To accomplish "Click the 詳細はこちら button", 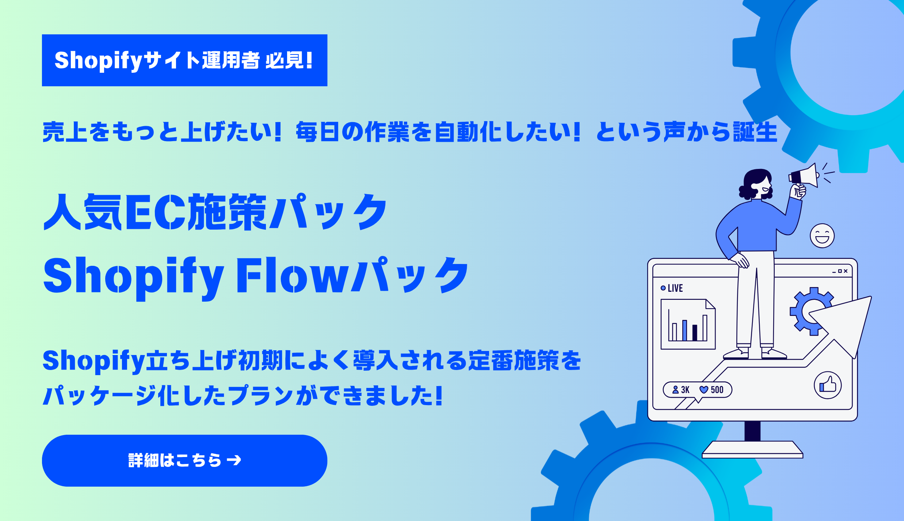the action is tap(184, 460).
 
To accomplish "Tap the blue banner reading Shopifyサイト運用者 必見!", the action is tap(184, 60).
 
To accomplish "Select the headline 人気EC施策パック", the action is tap(215, 212).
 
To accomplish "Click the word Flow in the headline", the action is tap(293, 275).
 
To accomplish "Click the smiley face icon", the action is tap(822, 236).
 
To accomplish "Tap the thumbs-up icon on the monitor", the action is tap(828, 385).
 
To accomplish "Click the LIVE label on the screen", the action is tap(675, 288).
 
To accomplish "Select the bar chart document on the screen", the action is tap(688, 324).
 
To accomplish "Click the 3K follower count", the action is tap(685, 390).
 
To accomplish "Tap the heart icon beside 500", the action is tap(704, 390).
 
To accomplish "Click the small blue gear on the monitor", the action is tap(811, 311).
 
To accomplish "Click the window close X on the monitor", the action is tap(846, 271).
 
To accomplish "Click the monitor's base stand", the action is tap(752, 449).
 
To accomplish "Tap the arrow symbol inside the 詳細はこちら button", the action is tap(234, 460).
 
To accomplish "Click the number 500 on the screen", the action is tap(717, 390).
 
